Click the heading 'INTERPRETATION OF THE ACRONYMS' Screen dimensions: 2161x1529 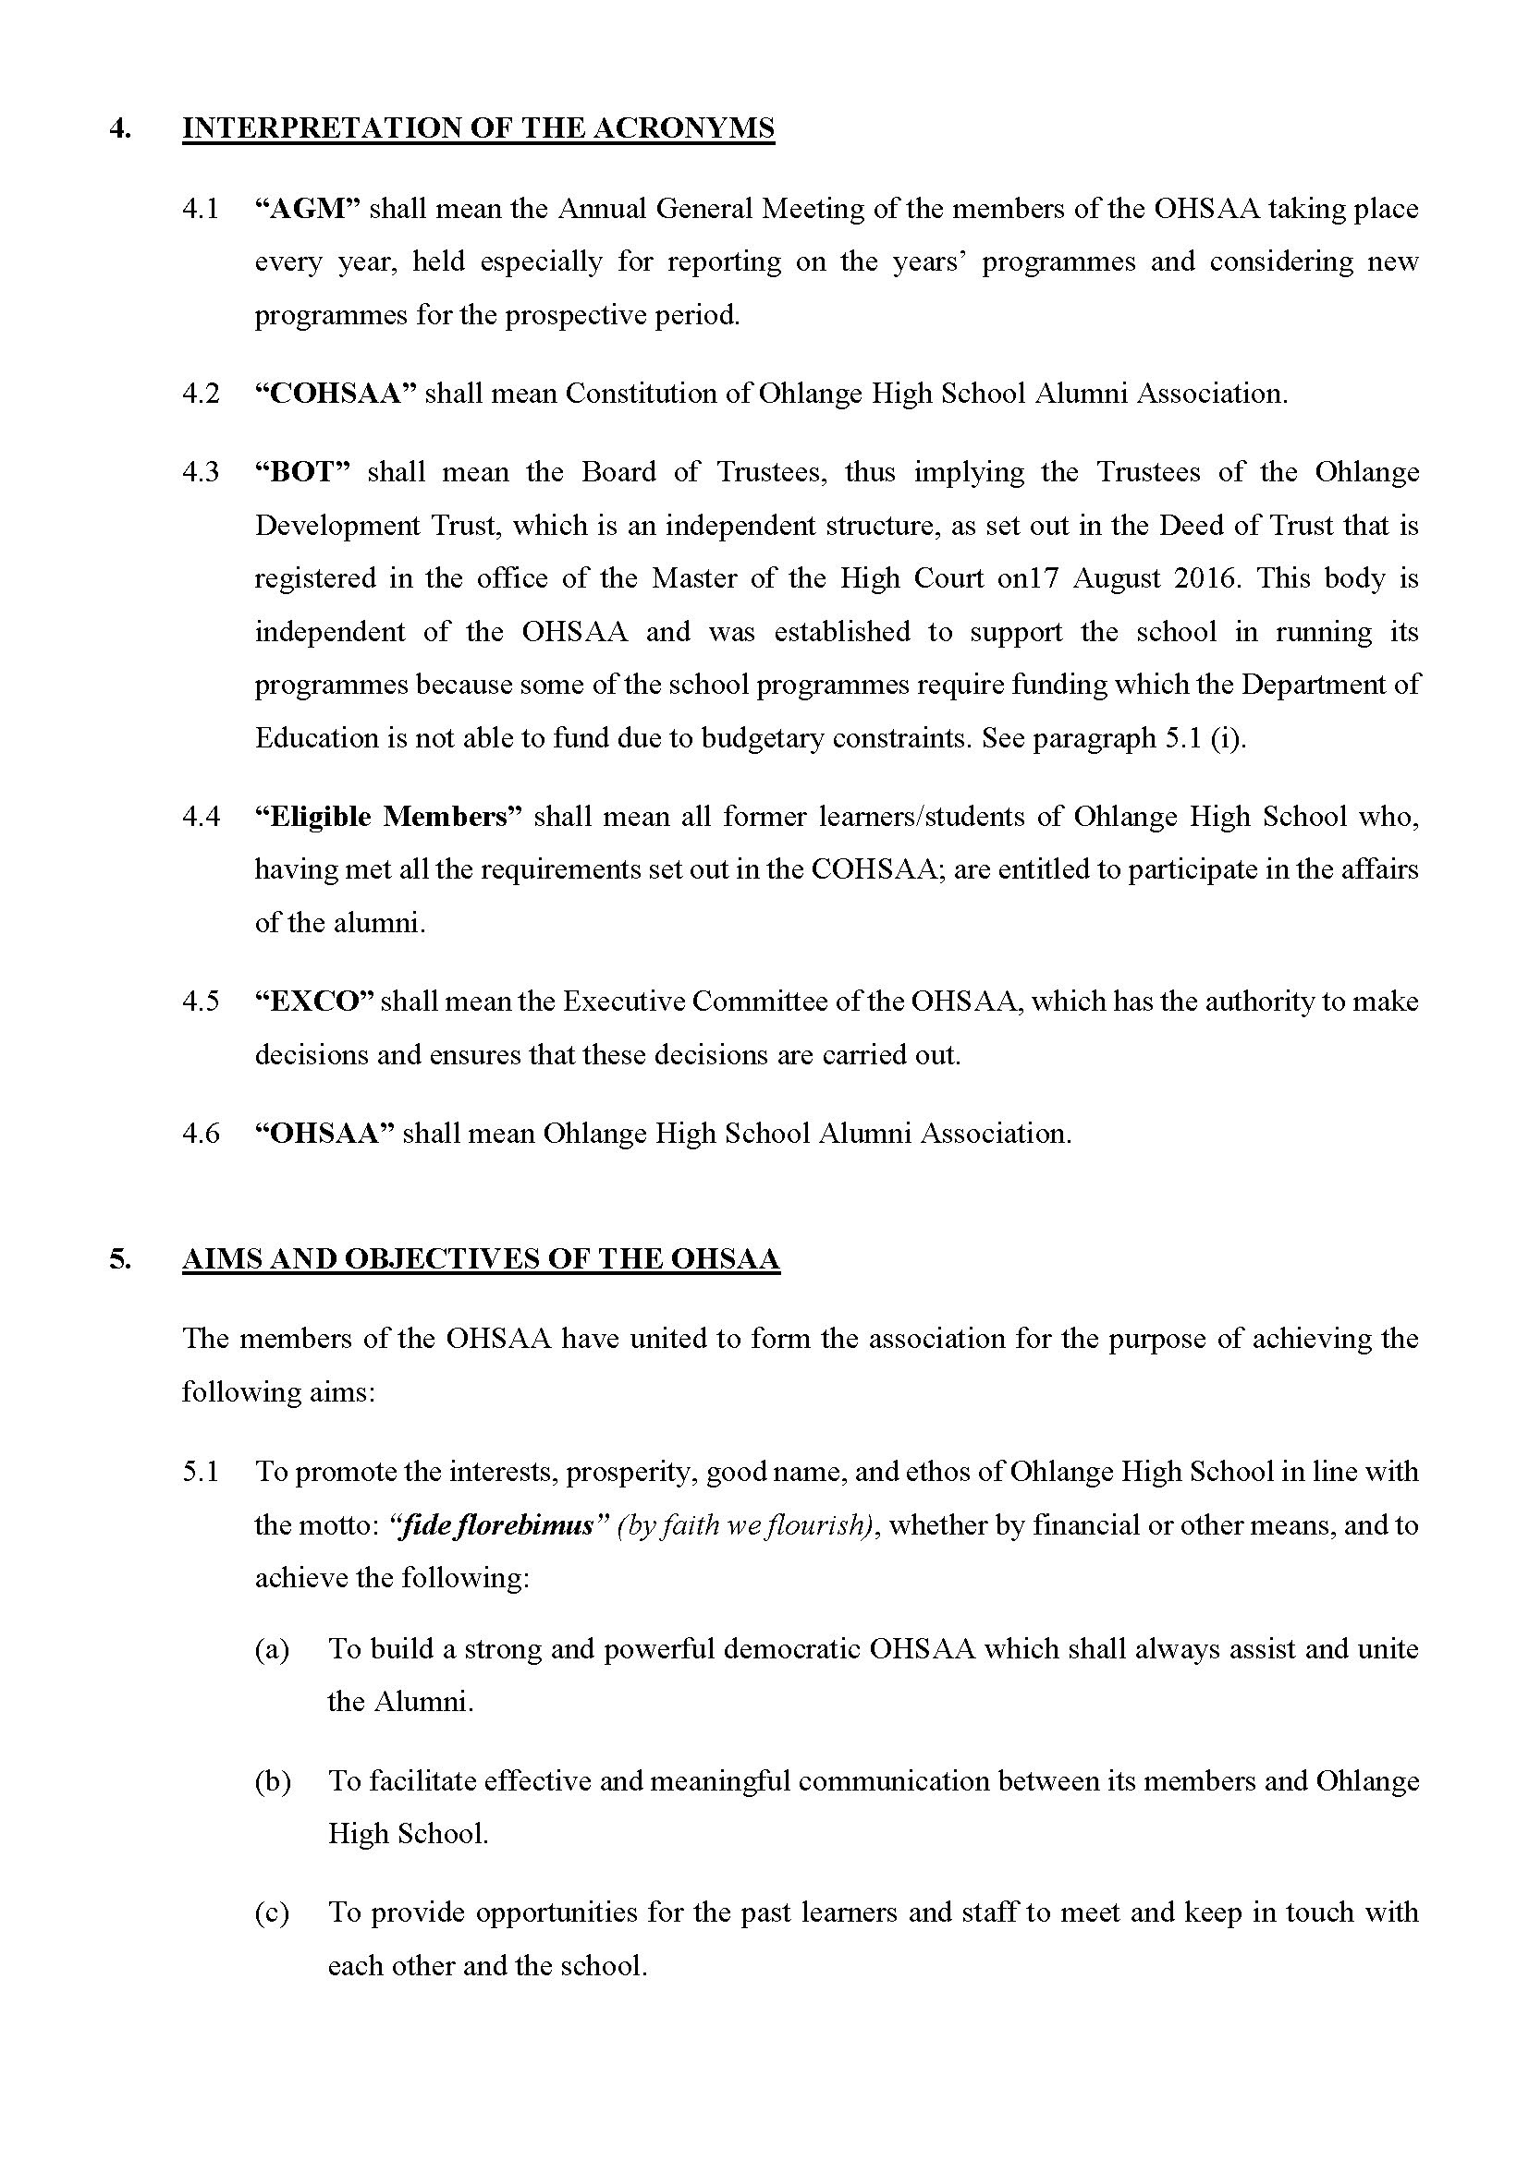click(x=478, y=128)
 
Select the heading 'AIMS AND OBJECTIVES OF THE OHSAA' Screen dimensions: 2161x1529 click(x=480, y=1259)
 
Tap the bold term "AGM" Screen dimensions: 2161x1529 click(x=309, y=208)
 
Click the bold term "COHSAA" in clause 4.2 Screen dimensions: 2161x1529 click(x=336, y=394)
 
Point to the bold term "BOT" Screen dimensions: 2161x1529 click(x=302, y=471)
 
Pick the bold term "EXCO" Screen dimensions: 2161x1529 click(x=314, y=1001)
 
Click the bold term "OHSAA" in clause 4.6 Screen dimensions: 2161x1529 click(x=324, y=1134)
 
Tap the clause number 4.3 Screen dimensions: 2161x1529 click(x=201, y=471)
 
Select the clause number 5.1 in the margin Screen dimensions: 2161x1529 click(x=201, y=1471)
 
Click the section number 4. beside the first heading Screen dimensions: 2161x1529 click(x=119, y=128)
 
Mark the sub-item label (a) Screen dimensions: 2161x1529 click(x=272, y=1649)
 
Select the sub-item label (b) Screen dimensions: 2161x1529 click(x=272, y=1780)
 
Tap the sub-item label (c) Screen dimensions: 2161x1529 click(x=272, y=1912)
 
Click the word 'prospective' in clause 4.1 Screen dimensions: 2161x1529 click(x=574, y=315)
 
